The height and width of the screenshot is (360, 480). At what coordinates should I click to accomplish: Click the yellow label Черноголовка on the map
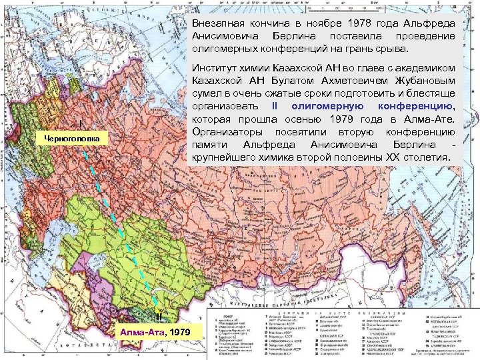click(x=71, y=139)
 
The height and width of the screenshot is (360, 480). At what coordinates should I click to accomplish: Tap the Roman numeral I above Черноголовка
click(x=80, y=123)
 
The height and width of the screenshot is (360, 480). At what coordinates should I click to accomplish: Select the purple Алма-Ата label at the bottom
click(x=142, y=332)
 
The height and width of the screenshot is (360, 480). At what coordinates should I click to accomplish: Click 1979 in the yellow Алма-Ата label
click(x=180, y=332)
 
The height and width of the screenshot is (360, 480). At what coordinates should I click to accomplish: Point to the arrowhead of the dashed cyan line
click(x=156, y=304)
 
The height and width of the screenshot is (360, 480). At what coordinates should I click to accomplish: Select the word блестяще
click(x=433, y=93)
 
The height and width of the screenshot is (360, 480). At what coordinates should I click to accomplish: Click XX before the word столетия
click(x=393, y=157)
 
